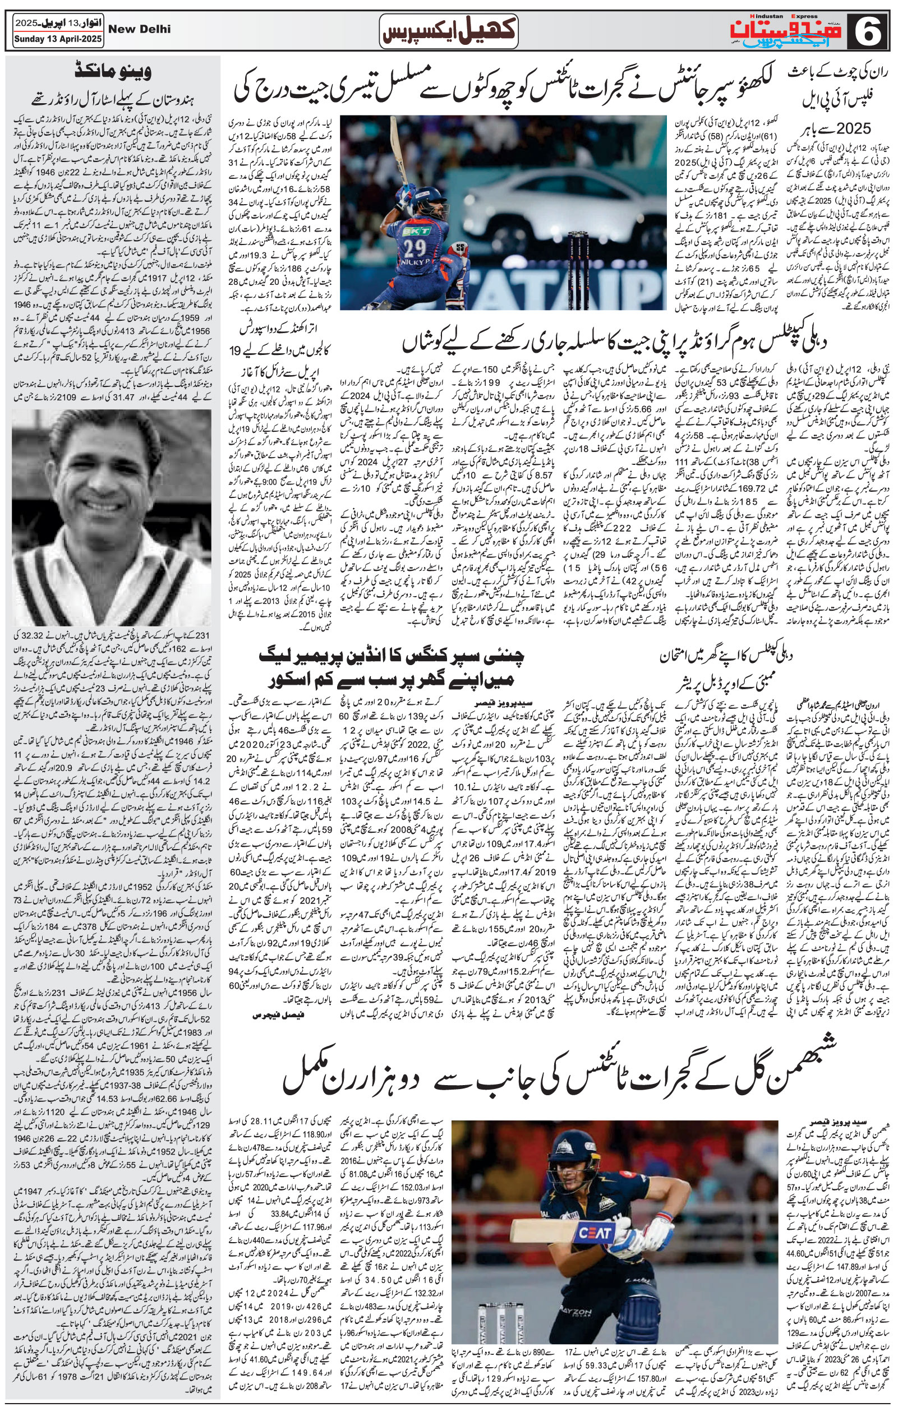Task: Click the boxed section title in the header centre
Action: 448,31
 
